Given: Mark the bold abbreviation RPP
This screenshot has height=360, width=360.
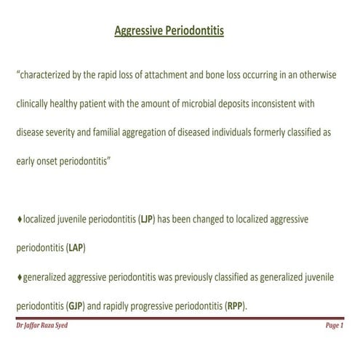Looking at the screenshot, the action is pyautogui.click(x=235, y=306).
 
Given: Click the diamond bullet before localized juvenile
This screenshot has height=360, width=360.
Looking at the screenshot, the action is pyautogui.click(x=19, y=218).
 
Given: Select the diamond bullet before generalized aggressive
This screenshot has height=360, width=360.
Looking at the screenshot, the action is pyautogui.click(x=19, y=277).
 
